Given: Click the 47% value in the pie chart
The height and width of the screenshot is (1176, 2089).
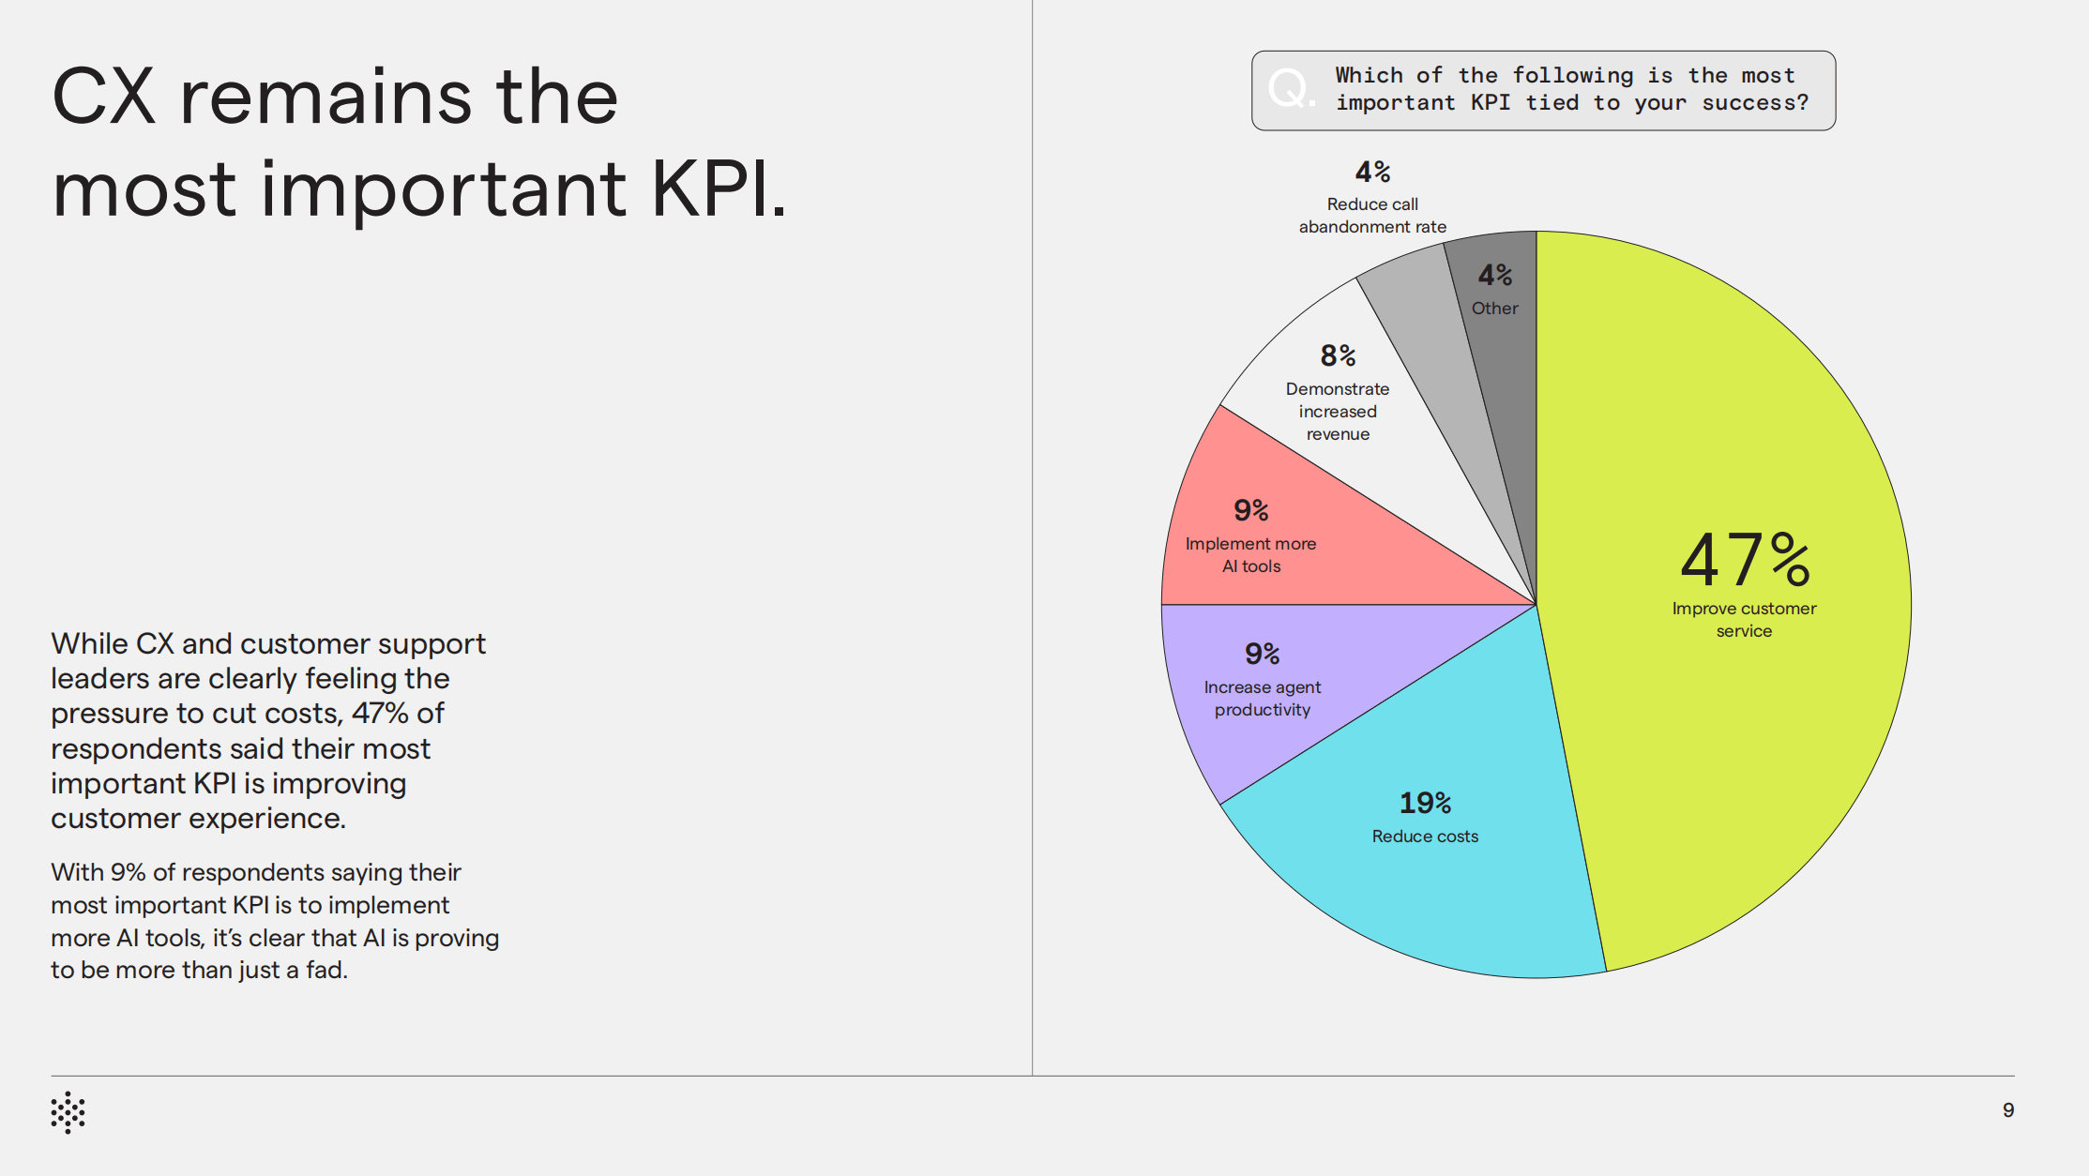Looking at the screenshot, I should pos(1744,559).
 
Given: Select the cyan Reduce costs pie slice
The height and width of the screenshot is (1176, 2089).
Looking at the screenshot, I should pos(1463,891).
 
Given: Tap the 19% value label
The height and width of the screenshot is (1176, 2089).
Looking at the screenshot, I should pos(1425,803).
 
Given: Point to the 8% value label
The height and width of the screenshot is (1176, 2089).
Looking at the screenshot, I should pos(1338,355).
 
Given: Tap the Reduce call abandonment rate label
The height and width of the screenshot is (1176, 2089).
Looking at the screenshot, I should pos(1372,216).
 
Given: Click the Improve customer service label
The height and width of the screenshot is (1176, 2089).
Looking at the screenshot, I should pos(1744,619).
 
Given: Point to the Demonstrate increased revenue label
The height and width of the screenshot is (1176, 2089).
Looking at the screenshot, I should pos(1338,411).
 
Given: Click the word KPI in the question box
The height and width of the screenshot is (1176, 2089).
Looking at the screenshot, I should pos(1490,103).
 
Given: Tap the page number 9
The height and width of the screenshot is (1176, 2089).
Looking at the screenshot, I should pos(2008,1110).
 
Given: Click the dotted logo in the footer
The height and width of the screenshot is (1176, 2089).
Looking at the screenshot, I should pos(68,1112).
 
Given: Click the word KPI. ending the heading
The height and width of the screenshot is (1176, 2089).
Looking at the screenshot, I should pos(719,189).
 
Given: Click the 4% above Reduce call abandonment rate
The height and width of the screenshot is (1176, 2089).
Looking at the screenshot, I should pos(1372,172).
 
